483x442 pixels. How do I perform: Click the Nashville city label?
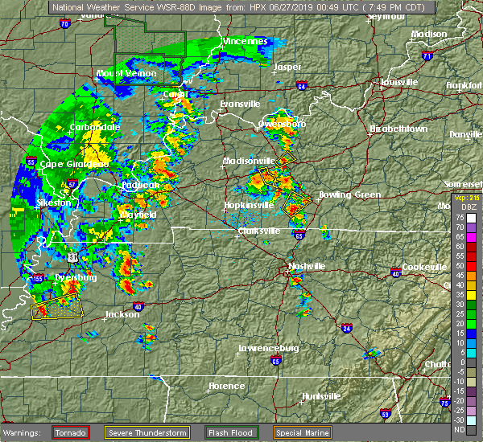point(307,266)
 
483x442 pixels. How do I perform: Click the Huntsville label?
point(320,397)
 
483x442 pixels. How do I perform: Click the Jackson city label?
point(122,315)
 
